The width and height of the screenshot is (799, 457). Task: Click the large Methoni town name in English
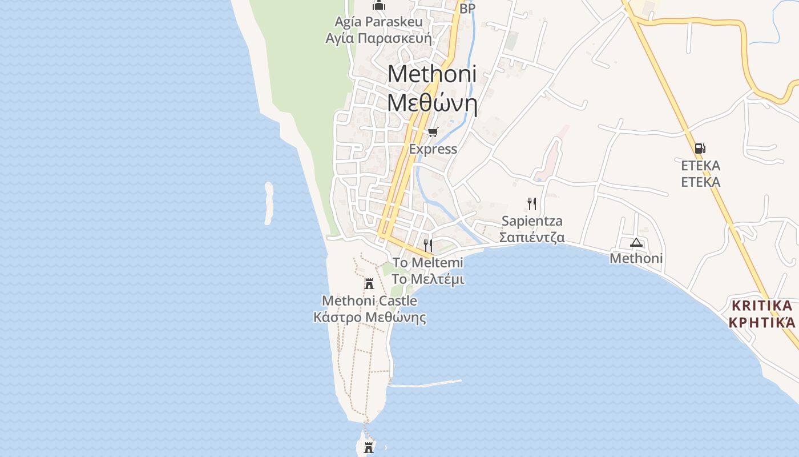432,74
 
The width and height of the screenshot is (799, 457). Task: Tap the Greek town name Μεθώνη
432,103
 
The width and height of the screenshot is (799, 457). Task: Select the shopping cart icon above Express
433,133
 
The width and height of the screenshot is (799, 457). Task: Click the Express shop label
433,149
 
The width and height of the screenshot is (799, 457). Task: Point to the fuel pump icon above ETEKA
700,149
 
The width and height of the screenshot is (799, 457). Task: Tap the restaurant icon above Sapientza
532,203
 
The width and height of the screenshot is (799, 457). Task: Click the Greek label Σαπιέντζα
532,236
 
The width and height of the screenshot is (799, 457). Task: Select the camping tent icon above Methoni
636,242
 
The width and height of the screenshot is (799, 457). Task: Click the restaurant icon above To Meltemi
427,246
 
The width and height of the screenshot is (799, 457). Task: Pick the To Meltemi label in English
427,263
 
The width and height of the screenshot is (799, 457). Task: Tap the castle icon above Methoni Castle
369,283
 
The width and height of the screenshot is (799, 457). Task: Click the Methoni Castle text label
369,300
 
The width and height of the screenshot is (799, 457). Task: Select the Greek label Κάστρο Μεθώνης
369,317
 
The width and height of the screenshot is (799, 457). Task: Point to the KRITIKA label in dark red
762,305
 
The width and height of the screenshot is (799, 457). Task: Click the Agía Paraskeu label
378,22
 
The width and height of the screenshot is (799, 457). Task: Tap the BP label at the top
467,9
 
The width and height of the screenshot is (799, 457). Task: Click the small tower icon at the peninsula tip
369,447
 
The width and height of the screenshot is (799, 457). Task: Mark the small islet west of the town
269,203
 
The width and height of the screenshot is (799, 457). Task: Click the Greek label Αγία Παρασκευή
378,39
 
